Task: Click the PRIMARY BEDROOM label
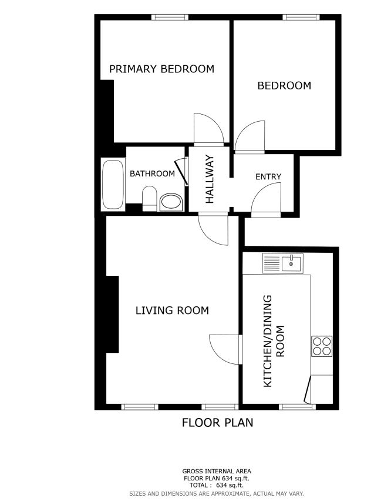point(161,69)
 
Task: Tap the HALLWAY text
point(210,179)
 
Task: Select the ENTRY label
point(268,176)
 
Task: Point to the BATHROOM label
point(152,173)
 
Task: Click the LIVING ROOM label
point(172,310)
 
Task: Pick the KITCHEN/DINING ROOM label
point(274,341)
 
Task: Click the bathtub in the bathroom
point(113,185)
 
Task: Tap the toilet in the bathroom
point(149,198)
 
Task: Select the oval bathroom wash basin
point(171,202)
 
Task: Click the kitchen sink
point(282,263)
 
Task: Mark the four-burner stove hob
point(322,346)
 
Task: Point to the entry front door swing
point(266,199)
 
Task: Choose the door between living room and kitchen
point(225,349)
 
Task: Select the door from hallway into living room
point(213,229)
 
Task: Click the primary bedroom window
point(170,17)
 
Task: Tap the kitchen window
point(298,407)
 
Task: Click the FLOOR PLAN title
point(217,423)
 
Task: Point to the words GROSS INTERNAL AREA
point(217,471)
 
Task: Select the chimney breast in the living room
point(112,315)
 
